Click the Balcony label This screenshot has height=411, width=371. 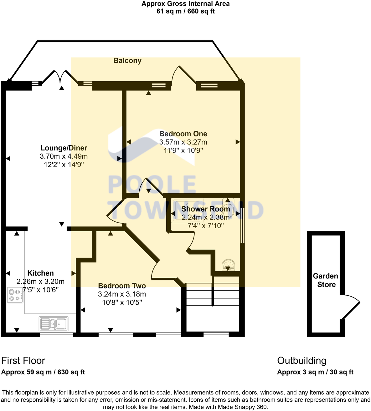click(x=127, y=61)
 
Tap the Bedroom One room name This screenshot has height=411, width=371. click(x=183, y=134)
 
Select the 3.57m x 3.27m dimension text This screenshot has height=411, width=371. click(x=183, y=142)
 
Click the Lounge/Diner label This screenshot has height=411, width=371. click(x=64, y=148)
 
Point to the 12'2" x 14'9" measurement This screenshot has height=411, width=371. click(x=64, y=165)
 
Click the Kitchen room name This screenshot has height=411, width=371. click(x=40, y=273)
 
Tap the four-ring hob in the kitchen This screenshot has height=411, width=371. click(x=15, y=295)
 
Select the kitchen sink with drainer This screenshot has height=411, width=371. click(x=54, y=324)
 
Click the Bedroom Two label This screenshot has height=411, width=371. click(x=122, y=286)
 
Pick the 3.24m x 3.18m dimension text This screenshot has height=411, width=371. click(x=122, y=294)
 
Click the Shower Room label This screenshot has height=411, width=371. click(x=205, y=209)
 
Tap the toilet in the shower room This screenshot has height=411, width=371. click(x=228, y=207)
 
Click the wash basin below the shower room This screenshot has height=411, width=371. click(x=228, y=265)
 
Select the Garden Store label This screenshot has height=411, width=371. click(x=326, y=280)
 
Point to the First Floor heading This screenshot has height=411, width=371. click(x=23, y=361)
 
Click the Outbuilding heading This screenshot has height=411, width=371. click(x=301, y=361)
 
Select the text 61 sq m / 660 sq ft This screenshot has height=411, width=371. click(x=185, y=12)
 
